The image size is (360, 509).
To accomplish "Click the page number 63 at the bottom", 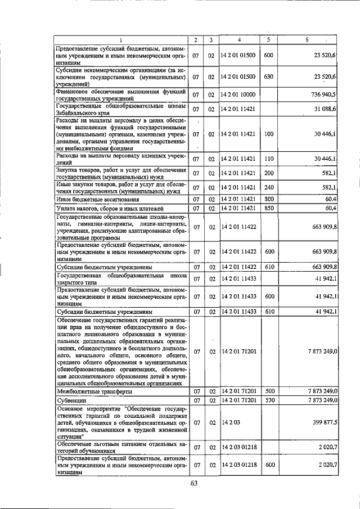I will [x=195, y=484].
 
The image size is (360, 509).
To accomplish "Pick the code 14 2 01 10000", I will [x=238, y=94].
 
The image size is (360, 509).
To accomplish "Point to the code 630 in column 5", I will [x=268, y=76].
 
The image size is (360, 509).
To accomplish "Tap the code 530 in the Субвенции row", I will [x=268, y=400].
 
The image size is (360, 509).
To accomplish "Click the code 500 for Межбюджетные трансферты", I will [x=268, y=391].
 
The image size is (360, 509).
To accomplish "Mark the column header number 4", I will [x=238, y=40].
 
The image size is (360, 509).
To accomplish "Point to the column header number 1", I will [x=121, y=40].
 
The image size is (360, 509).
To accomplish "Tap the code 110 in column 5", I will [x=268, y=159].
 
